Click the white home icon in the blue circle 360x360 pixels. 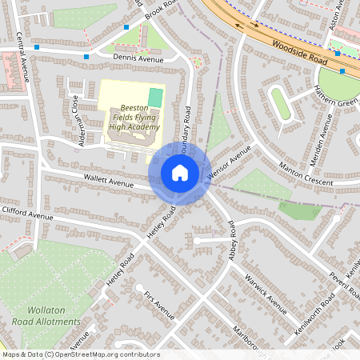(180, 173)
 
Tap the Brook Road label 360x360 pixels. (159, 9)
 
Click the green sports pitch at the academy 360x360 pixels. (155, 97)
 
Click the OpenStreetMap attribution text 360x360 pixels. (80, 354)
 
